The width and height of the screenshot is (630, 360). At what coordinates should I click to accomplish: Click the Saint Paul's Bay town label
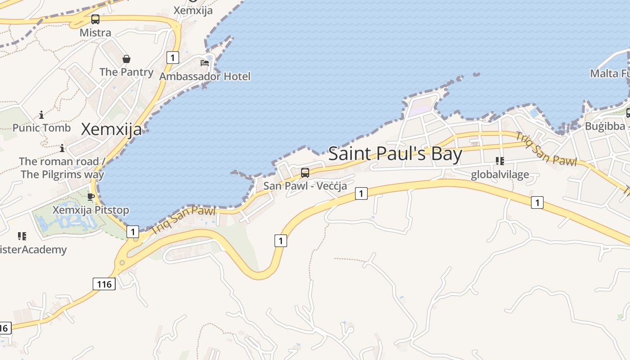point(395,154)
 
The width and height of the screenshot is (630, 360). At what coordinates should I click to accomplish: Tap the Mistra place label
point(95,33)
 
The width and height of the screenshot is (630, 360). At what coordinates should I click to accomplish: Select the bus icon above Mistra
point(95,19)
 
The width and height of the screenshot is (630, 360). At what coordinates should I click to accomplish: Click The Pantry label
point(126,72)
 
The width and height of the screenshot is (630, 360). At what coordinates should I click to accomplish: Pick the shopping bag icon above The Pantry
point(126,59)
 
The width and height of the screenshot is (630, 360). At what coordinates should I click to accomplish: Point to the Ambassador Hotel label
point(205,76)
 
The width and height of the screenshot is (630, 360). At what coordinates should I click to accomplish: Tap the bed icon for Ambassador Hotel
point(205,63)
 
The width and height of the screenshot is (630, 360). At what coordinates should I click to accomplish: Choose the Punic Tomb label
point(41,128)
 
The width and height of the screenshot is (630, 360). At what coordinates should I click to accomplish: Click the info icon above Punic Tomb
point(41,115)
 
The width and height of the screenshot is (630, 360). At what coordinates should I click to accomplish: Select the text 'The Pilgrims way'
point(63,175)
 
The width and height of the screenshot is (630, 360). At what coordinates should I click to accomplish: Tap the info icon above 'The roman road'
point(62,148)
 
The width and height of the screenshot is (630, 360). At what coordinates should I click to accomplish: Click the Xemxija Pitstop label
point(91,210)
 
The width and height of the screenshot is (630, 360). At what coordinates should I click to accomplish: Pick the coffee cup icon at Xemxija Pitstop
point(91,197)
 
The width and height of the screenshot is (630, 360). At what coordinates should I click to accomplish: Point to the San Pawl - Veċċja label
point(305,185)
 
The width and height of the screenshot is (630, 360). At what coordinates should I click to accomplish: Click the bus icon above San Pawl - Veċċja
point(305,172)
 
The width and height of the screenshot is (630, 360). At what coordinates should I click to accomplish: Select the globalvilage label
point(500,175)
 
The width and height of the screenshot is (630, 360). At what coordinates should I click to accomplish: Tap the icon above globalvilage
point(499,161)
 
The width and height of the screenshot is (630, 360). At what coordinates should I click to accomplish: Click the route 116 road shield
point(104,284)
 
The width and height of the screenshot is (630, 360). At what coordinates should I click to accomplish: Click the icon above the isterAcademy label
point(22,236)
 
